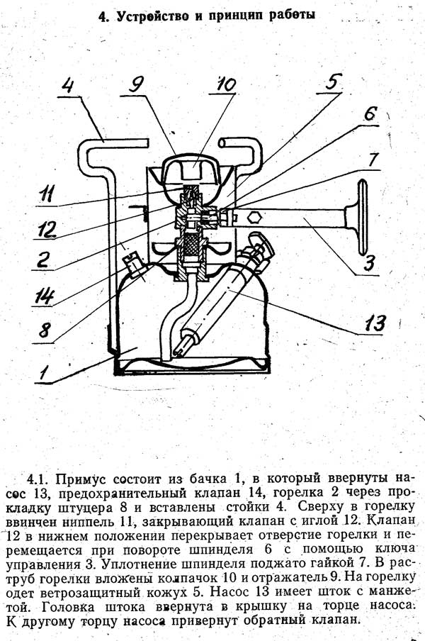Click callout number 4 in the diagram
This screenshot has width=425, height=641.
(69, 85)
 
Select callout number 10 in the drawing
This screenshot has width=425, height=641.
(226, 84)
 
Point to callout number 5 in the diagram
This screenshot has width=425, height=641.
(333, 82)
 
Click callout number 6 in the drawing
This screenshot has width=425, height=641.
(369, 113)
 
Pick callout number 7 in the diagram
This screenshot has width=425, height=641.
(373, 159)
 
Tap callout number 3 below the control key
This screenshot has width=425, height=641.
(369, 263)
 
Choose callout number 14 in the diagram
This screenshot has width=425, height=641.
(43, 296)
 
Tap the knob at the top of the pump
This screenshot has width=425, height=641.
(260, 241)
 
